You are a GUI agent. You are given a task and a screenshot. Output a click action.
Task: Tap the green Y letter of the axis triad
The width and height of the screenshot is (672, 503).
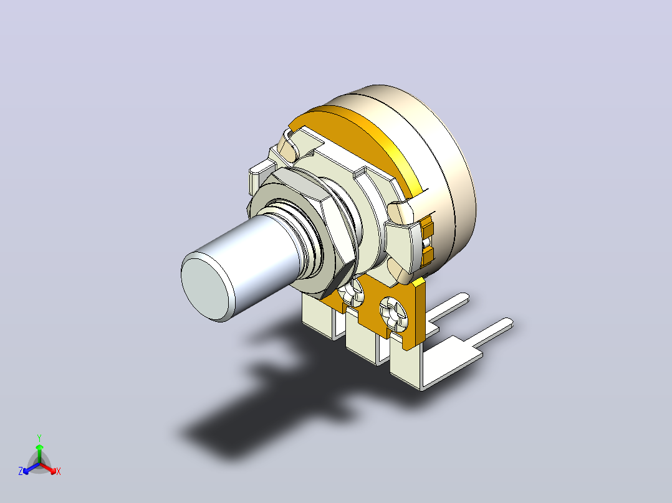[x=39, y=438]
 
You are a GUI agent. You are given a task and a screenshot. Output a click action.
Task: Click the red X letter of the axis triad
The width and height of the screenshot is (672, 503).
[x=59, y=471]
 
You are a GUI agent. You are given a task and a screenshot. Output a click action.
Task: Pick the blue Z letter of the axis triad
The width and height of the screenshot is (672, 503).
[x=21, y=471]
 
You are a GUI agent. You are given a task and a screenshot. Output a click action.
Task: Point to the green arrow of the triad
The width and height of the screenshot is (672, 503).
[x=39, y=454]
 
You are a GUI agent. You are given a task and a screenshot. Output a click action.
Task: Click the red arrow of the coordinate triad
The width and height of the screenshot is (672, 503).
[x=48, y=468]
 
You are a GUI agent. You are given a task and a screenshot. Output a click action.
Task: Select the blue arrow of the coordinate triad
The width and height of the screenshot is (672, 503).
[x=31, y=468]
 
